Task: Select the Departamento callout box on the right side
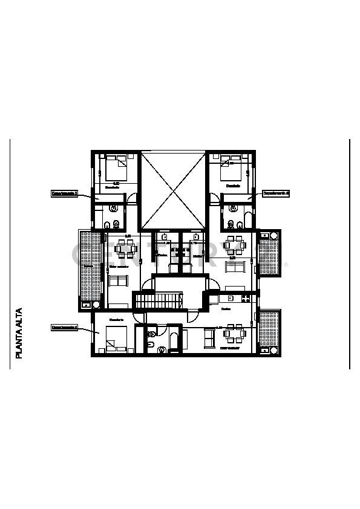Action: click(x=276, y=194)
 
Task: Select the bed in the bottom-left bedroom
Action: click(x=116, y=339)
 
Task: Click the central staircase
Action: click(x=158, y=300)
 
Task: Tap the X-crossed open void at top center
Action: click(x=173, y=190)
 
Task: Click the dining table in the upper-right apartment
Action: click(x=233, y=245)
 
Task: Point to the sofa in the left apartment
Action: click(x=119, y=281)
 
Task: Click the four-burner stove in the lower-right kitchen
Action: click(x=245, y=298)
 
